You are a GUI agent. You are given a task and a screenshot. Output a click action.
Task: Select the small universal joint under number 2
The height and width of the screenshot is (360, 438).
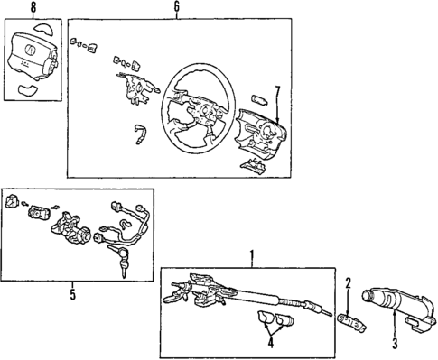click(x=350, y=319)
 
